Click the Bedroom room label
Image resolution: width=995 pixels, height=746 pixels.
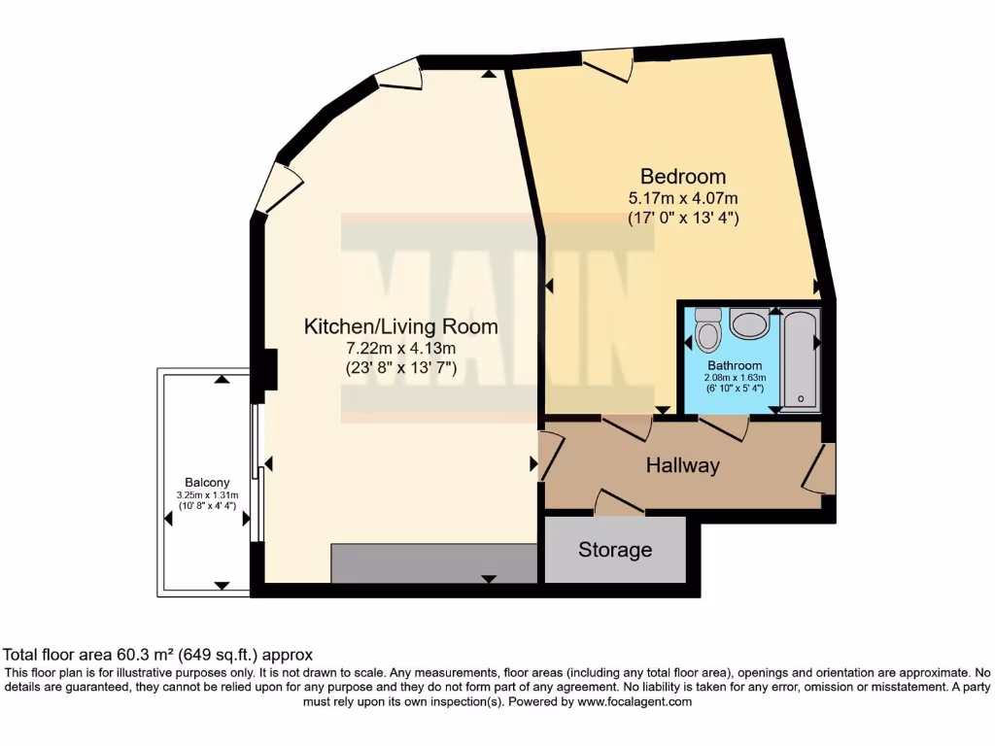pyautogui.click(x=682, y=177)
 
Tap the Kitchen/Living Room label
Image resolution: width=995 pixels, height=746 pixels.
pyautogui.click(x=400, y=326)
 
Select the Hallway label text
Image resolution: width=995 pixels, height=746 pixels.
pyautogui.click(x=682, y=466)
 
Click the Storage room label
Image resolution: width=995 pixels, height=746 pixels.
pyautogui.click(x=614, y=550)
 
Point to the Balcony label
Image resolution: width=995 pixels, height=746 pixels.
pyautogui.click(x=207, y=482)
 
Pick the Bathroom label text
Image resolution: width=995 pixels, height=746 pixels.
pyautogui.click(x=736, y=366)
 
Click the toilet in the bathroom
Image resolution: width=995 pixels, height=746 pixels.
pyautogui.click(x=708, y=330)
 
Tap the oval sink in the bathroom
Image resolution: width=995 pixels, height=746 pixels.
pyautogui.click(x=749, y=323)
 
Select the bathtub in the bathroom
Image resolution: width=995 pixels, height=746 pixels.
pyautogui.click(x=802, y=357)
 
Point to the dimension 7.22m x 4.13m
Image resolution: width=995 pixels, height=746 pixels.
pyautogui.click(x=400, y=349)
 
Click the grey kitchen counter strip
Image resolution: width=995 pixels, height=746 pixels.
pyautogui.click(x=434, y=562)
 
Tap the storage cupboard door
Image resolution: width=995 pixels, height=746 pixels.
pyautogui.click(x=618, y=502)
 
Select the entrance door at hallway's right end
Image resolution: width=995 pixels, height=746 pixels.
pyautogui.click(x=819, y=468)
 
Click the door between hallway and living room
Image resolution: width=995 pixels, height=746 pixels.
pyautogui.click(x=549, y=458)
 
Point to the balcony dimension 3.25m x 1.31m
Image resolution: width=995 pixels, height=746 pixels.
pyautogui.click(x=207, y=494)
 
